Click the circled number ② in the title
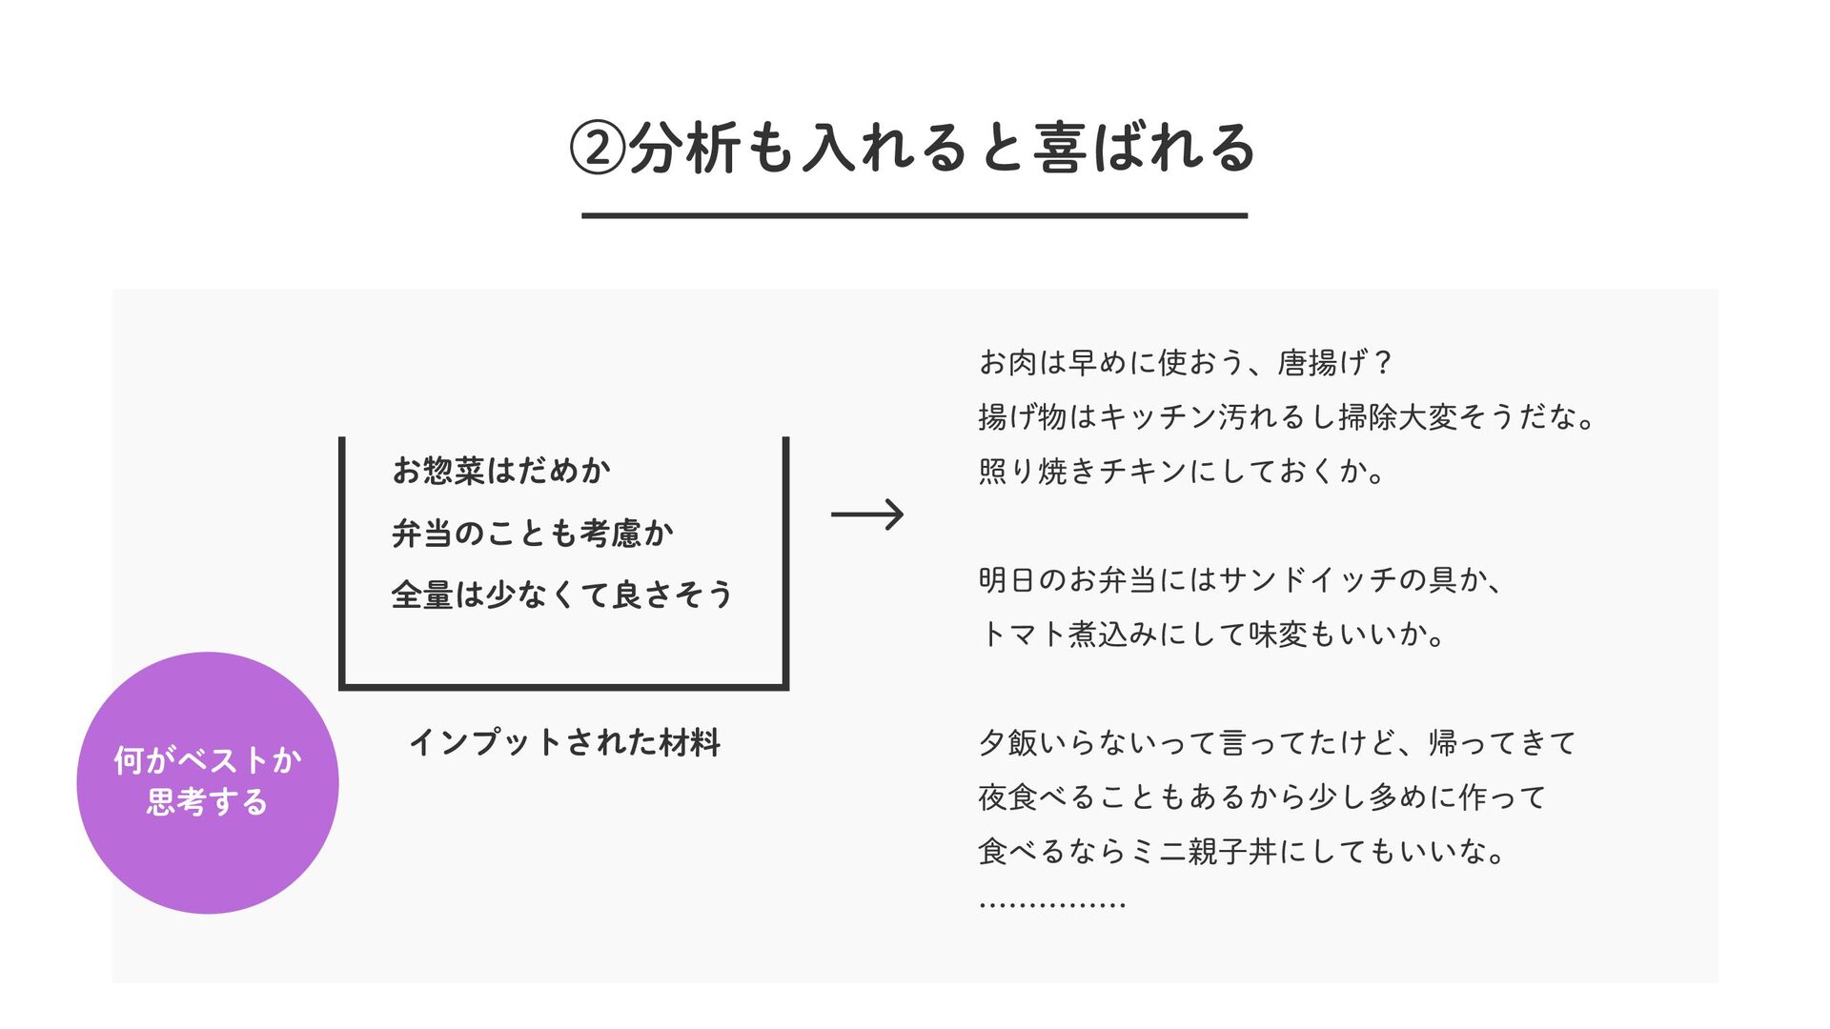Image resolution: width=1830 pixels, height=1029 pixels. (x=598, y=149)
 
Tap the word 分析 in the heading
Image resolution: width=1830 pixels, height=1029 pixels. (x=684, y=149)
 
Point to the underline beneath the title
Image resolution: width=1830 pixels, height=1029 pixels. (x=914, y=216)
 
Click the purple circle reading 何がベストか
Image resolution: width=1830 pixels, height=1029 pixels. (x=208, y=782)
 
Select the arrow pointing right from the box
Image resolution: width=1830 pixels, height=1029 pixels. (x=867, y=514)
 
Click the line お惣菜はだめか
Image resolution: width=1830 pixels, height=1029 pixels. (x=501, y=471)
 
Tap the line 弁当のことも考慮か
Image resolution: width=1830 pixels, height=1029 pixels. (x=533, y=533)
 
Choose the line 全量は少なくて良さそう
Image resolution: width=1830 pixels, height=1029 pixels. (x=562, y=595)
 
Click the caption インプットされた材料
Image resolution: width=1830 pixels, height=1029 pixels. (x=565, y=742)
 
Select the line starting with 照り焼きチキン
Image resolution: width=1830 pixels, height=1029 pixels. (x=1182, y=471)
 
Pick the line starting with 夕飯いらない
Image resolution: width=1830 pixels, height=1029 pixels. (x=1277, y=742)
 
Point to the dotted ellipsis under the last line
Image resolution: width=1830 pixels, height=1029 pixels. (x=1052, y=903)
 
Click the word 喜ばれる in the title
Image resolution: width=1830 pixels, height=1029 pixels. (x=1145, y=149)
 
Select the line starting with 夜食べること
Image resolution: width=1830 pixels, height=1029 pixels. (x=1262, y=797)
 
